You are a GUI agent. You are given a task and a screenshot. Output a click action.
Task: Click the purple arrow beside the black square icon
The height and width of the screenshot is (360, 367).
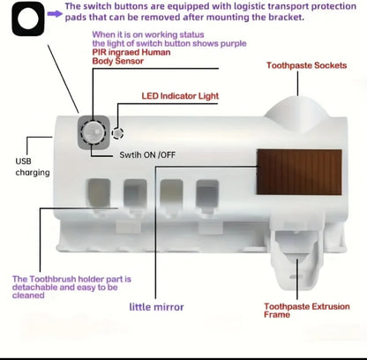coord(55,13)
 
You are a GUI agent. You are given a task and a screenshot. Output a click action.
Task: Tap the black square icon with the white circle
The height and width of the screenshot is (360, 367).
coord(28,19)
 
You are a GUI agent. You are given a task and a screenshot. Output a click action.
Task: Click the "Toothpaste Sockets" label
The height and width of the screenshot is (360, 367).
coord(307,65)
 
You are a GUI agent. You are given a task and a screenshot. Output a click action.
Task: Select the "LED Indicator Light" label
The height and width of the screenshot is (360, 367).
coord(180,96)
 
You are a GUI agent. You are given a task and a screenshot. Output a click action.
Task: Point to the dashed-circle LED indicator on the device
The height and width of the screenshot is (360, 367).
coord(117,133)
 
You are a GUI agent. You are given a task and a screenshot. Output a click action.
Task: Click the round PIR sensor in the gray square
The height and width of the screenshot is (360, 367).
coord(94,132)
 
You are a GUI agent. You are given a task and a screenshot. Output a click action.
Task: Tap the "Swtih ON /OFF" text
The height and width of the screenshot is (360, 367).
coord(147,154)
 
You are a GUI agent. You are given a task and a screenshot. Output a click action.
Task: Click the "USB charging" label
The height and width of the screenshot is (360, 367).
coord(33,167)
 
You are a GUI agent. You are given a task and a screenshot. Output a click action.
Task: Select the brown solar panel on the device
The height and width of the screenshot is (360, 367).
coord(299,172)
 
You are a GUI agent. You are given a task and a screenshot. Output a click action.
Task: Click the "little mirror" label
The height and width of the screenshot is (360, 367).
coord(156,307)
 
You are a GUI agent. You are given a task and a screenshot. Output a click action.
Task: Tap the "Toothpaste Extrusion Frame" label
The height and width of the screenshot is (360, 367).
coord(307,311)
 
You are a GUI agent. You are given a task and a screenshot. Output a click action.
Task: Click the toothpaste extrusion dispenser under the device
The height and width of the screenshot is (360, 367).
coord(297,259)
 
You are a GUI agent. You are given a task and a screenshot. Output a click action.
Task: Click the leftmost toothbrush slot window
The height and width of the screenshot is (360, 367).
coord(99,193)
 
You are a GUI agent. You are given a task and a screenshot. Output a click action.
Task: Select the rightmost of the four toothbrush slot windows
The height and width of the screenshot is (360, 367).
coord(207,193)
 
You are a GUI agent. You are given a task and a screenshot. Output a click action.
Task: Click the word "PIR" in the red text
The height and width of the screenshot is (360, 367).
coord(99,52)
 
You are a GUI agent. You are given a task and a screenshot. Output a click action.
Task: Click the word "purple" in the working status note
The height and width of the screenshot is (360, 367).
coord(234,44)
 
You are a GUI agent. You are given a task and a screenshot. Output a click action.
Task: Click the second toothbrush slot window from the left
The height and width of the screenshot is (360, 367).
coord(135,193)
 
